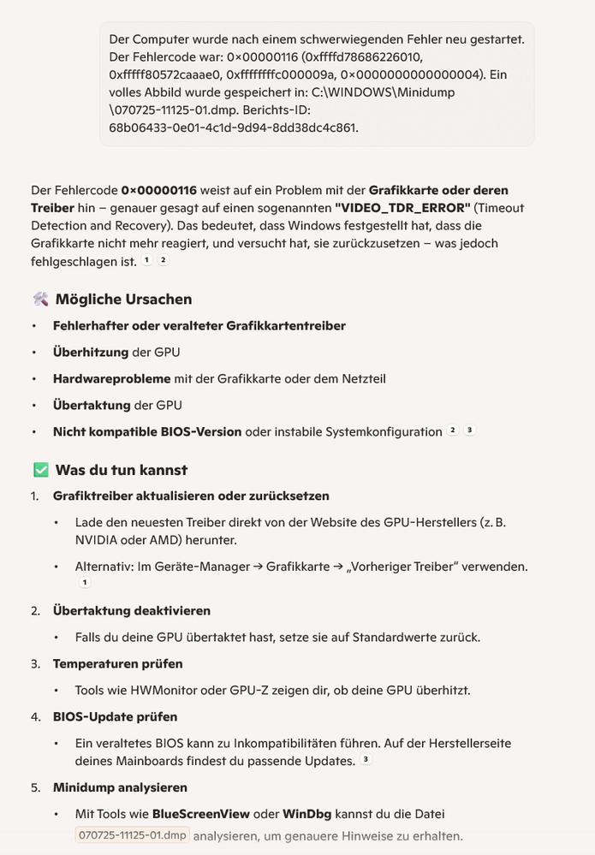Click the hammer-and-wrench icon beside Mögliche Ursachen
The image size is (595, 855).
40,299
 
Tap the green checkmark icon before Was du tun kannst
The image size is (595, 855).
40,470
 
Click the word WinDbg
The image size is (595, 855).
304,814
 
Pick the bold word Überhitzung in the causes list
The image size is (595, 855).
90,352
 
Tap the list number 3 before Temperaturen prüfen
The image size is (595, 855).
35,663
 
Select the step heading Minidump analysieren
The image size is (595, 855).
120,787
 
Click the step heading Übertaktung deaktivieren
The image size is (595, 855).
131,610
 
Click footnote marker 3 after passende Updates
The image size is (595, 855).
366,759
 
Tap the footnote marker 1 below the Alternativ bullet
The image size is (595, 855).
84,583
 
